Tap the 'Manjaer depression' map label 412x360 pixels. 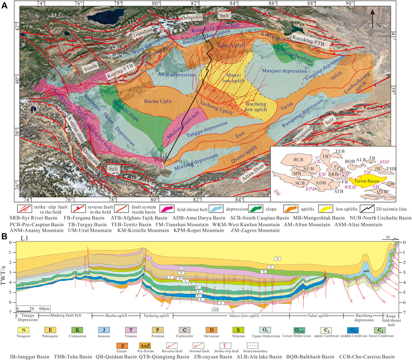click(284, 71)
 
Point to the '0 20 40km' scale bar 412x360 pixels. click(33, 308)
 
